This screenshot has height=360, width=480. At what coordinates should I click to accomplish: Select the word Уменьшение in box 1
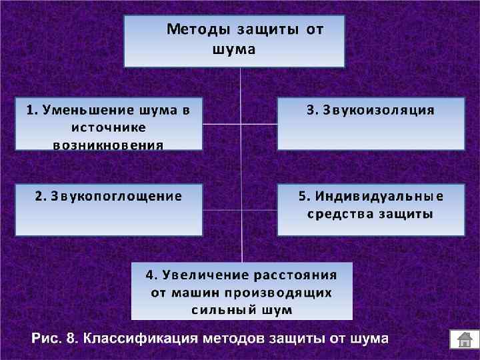83,110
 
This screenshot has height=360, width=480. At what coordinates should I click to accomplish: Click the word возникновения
108,145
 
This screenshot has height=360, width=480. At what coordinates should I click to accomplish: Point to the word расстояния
295,275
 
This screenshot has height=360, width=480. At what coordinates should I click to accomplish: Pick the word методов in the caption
233,338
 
